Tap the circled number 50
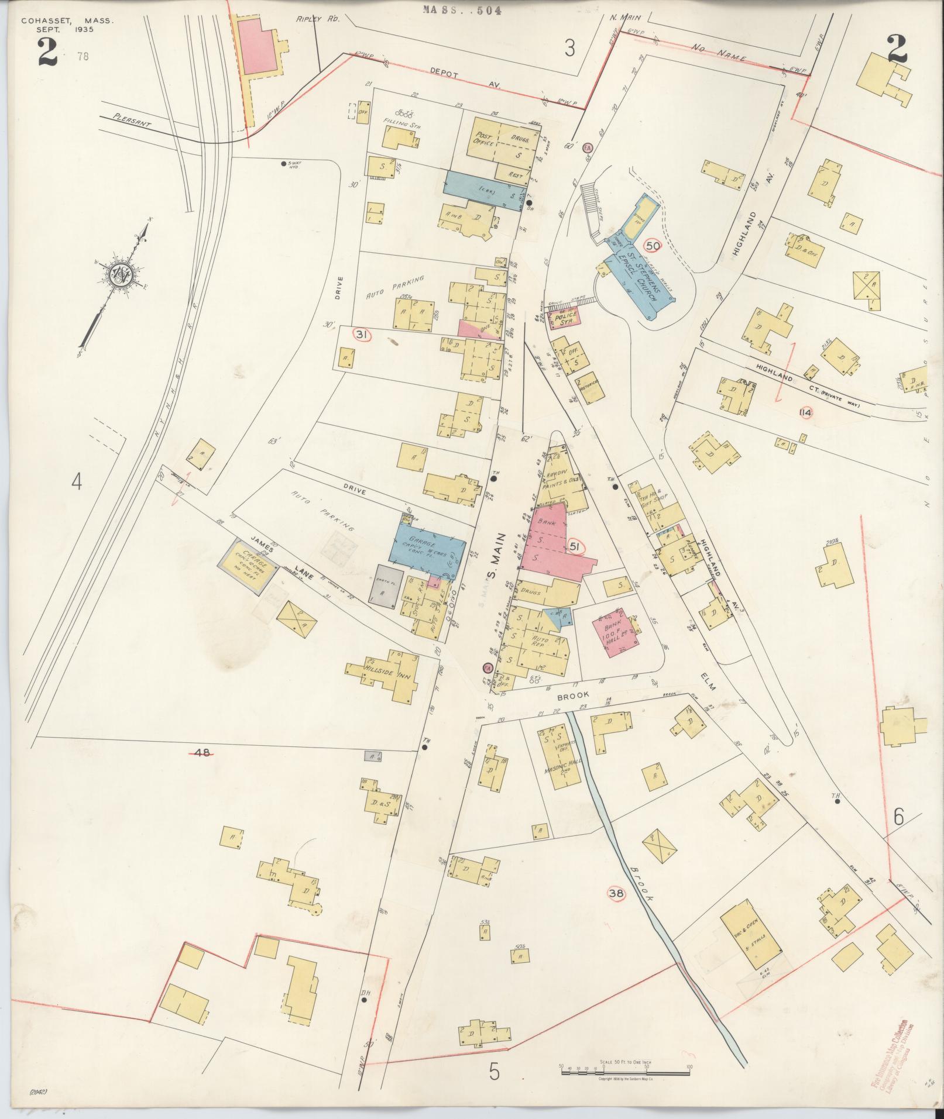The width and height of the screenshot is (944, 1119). point(653,246)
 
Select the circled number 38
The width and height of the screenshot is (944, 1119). point(616,894)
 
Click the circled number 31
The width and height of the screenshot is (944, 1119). point(362,335)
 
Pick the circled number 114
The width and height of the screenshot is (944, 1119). point(806,412)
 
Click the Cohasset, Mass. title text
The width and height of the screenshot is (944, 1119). point(67,20)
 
